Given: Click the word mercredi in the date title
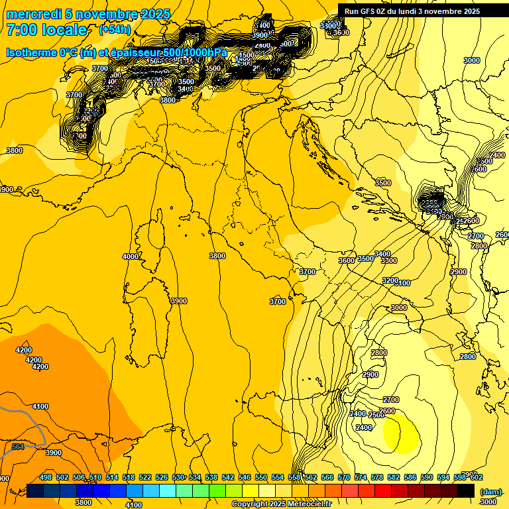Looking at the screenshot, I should (33, 14).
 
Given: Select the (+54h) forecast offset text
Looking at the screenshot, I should (115, 30).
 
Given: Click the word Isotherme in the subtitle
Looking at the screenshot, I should (30, 52).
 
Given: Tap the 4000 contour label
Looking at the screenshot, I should (131, 256).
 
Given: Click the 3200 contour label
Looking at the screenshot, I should (390, 280).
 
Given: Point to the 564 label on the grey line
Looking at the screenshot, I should (18, 447).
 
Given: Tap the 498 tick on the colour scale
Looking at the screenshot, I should (46, 477).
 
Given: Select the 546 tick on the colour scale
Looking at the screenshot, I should (245, 477).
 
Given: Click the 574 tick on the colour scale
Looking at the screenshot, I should (361, 477).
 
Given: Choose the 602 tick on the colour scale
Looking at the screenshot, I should (477, 477).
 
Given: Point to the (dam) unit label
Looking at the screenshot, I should (490, 491).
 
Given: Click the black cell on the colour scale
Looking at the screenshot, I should (466, 490).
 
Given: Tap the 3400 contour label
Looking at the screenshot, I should (382, 254).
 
